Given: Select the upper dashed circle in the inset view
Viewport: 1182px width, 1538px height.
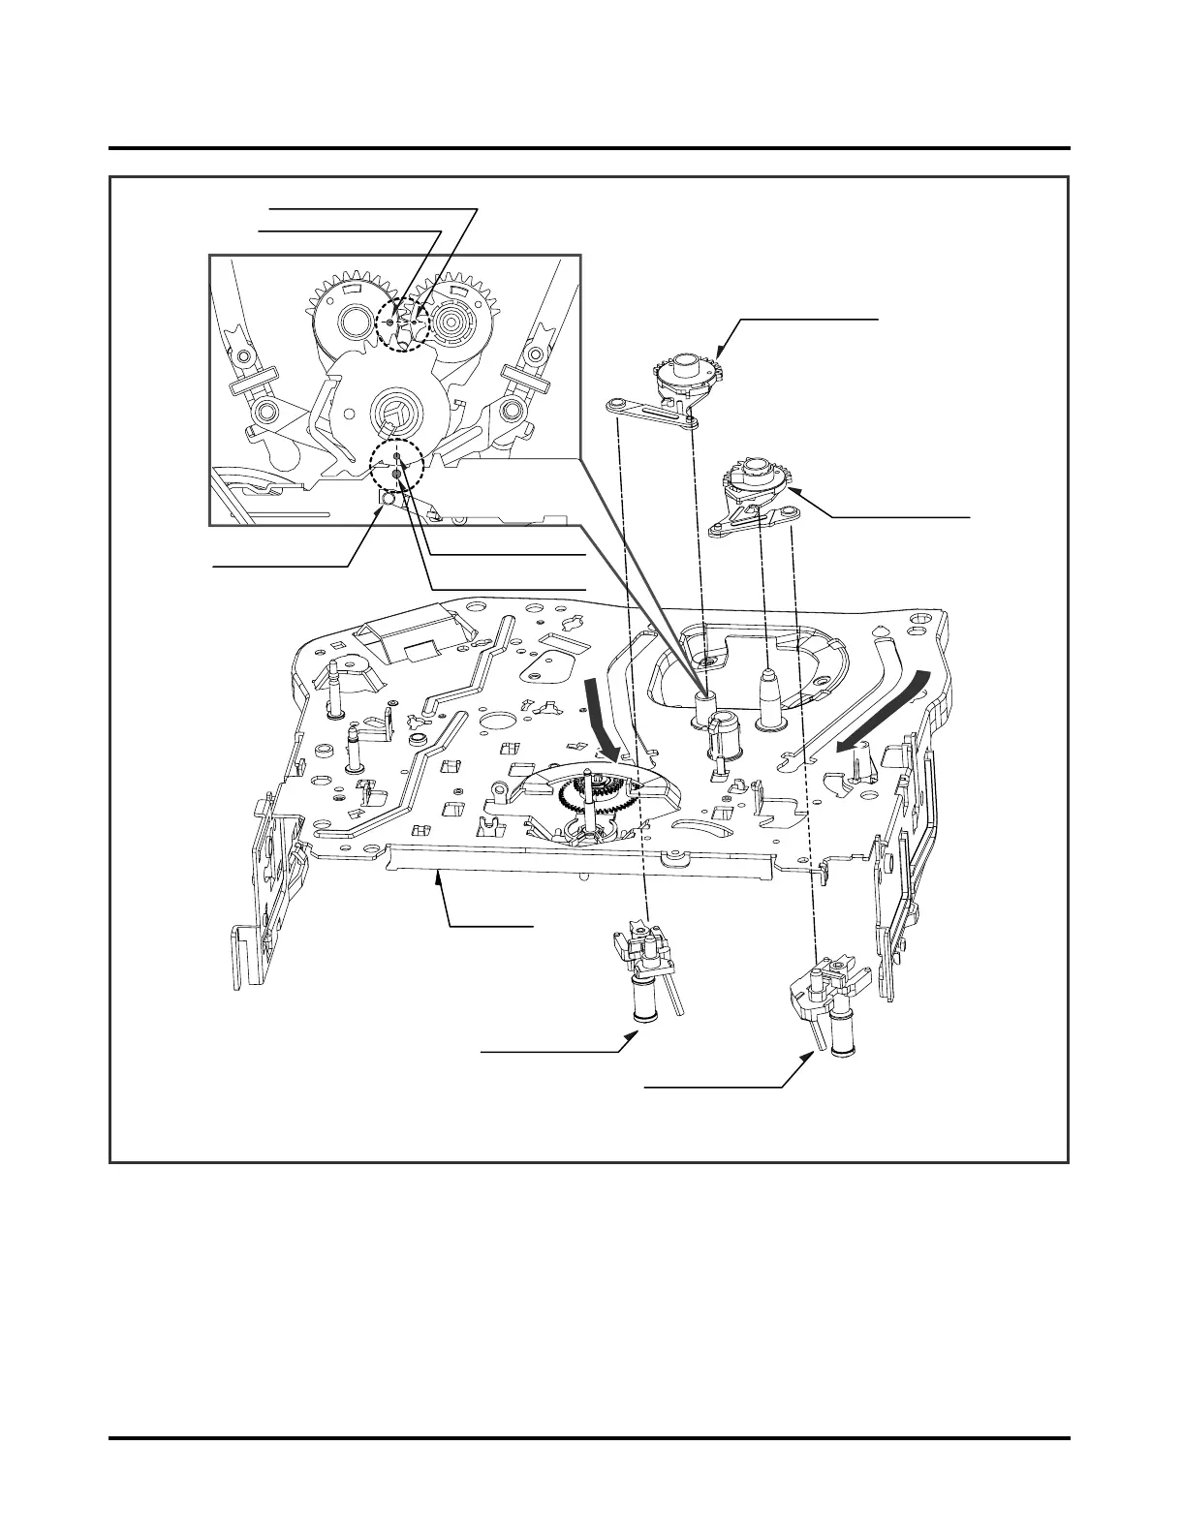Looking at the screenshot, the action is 403,322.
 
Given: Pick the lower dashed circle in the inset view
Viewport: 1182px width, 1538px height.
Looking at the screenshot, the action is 398,467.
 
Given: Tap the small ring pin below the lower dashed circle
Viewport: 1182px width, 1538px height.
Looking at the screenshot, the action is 387,499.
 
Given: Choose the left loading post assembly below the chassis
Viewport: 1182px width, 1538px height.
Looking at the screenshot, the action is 644,973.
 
